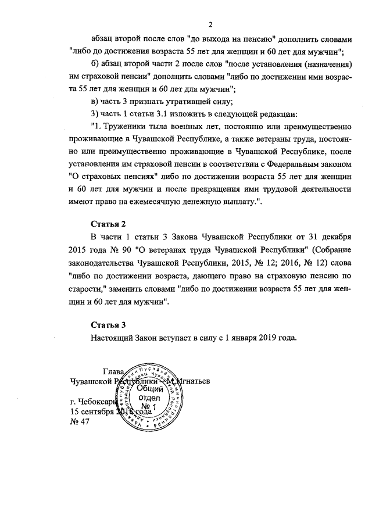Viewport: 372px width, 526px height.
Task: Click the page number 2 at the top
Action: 211,24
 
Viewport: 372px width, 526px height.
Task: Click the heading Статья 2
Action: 108,224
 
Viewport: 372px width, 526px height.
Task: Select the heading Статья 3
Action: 108,324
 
